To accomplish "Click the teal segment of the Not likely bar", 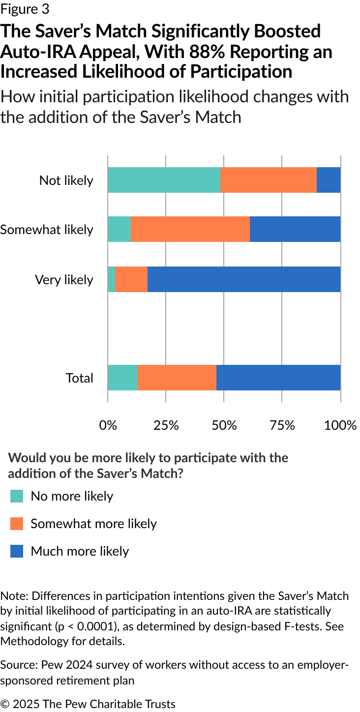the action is tap(164, 180).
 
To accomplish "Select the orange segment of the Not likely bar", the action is tap(269, 180).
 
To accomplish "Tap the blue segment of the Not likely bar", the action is tap(329, 180).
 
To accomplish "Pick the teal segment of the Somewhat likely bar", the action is tap(119, 229).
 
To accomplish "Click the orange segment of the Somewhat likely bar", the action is tap(190, 229).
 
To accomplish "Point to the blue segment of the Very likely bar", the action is tap(244, 279).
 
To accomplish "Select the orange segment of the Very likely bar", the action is tap(131, 279).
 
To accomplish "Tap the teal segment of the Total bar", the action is tap(123, 378).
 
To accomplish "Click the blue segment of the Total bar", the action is tap(278, 378).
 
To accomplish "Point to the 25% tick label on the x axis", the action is tap(166, 425).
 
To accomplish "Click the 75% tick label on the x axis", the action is tap(282, 425).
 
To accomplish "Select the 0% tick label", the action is tap(108, 425).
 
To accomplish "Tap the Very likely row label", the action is tap(64, 280).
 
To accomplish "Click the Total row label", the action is tap(80, 378).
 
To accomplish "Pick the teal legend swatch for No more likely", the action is tap(17, 496).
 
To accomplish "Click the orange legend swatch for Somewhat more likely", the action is tap(17, 524).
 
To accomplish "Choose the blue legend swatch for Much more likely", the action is tap(17, 551).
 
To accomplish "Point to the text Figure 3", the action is tap(25, 9).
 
